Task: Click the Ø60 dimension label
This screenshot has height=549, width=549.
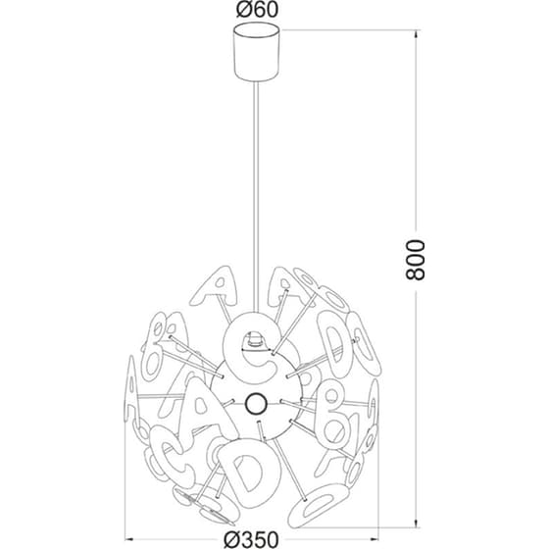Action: (257, 10)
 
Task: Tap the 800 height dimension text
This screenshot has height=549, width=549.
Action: (415, 260)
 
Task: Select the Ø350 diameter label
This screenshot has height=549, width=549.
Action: (251, 539)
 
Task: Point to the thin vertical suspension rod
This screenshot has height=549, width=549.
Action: (257, 197)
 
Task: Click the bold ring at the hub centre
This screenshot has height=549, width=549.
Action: (256, 403)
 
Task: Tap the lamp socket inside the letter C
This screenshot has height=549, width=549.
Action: (256, 340)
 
